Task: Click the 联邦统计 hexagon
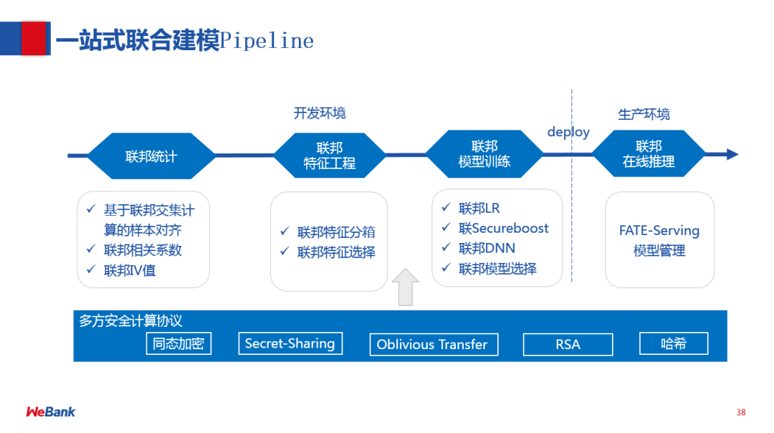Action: pos(150,156)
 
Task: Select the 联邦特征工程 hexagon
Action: pos(329,156)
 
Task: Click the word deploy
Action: pos(568,132)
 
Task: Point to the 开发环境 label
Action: pos(320,113)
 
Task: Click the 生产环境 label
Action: pos(644,114)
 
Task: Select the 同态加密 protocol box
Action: pos(178,343)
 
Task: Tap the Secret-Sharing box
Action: pos(290,343)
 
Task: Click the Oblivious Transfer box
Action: pos(431,344)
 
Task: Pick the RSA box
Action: pos(567,344)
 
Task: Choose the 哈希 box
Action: pos(674,343)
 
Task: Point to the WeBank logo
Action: pos(50,411)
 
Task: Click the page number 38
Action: pos(741,412)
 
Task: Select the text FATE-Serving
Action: pos(659,231)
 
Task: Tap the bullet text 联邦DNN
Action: pos(487,248)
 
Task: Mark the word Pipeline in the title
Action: pos(267,40)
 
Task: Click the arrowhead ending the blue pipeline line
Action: pos(732,154)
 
